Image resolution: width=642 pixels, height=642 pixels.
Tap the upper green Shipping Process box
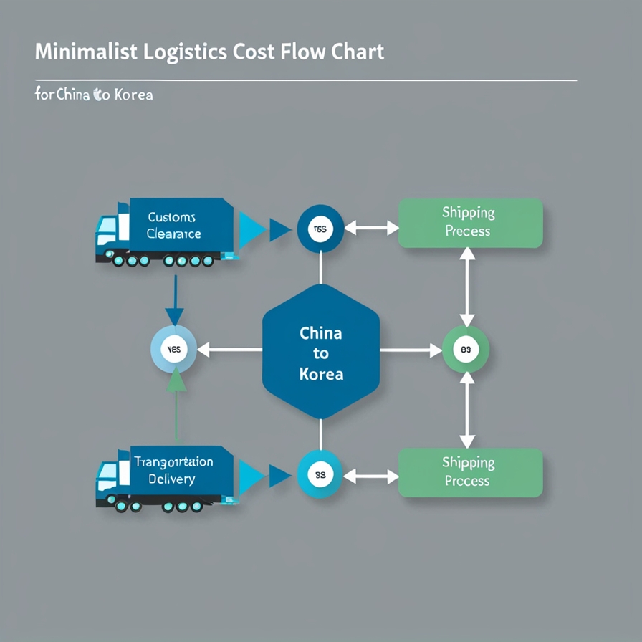click(x=470, y=223)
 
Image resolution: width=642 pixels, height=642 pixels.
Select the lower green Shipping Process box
click(x=470, y=472)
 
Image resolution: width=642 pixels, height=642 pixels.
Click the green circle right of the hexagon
click(x=466, y=350)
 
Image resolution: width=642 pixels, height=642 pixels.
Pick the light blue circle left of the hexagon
click(x=173, y=350)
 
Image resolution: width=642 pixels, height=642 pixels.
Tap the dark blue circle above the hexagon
click(x=320, y=229)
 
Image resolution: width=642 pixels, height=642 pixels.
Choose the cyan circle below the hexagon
click(x=320, y=474)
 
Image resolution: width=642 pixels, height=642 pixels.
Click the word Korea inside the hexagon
click(x=320, y=374)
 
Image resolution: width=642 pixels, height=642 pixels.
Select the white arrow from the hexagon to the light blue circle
click(x=229, y=350)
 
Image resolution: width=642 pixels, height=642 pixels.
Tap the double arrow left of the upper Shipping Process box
click(x=371, y=229)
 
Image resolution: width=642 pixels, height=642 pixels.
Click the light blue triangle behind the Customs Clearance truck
click(x=252, y=229)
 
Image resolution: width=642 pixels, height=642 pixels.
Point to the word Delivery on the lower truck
click(x=171, y=479)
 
